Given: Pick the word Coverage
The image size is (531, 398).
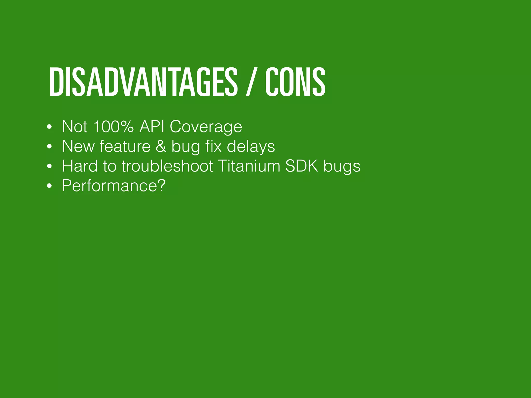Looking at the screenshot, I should pyautogui.click(x=206, y=127).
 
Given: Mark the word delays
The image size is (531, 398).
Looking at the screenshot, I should pyautogui.click(x=251, y=147).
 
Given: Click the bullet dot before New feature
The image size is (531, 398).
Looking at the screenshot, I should pyautogui.click(x=50, y=147).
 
